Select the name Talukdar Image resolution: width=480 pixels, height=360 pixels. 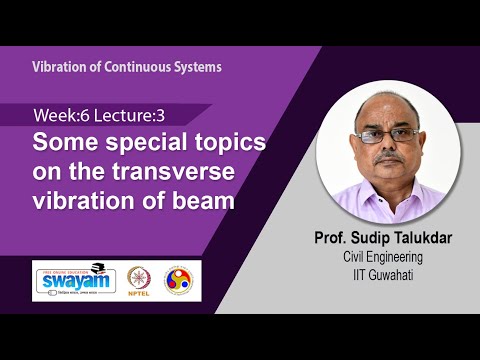click(x=424, y=239)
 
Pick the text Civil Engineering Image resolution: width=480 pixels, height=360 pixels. click(x=385, y=257)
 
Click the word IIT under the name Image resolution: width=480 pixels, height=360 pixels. click(x=359, y=273)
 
